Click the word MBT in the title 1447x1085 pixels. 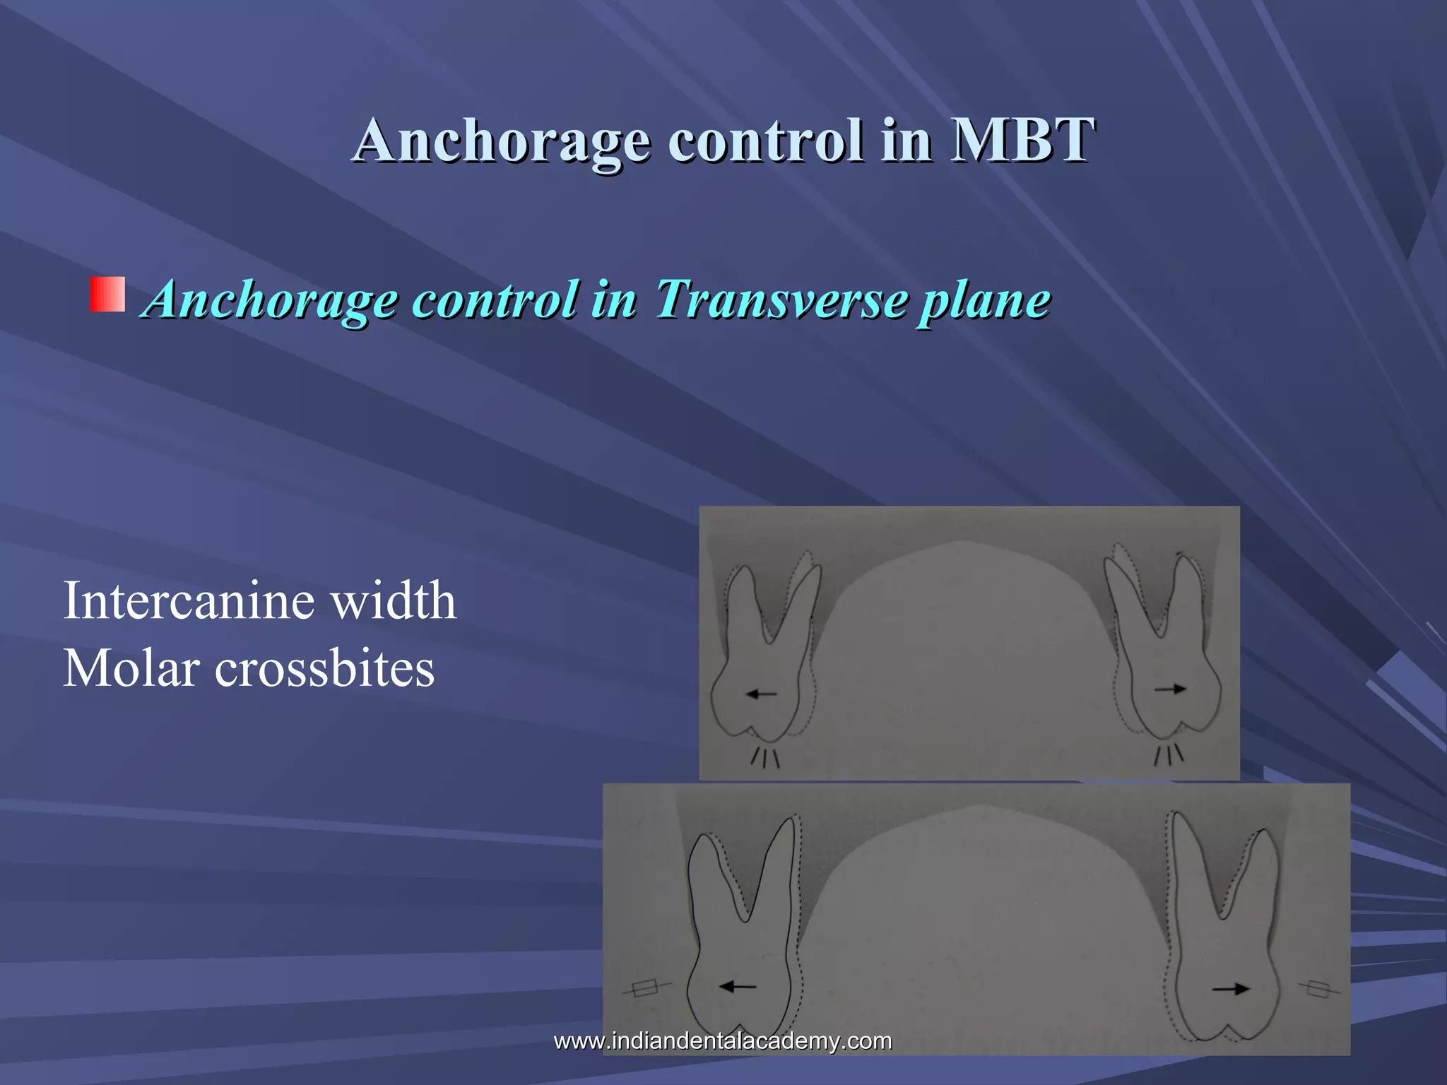tap(1022, 140)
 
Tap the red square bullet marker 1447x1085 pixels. tap(107, 295)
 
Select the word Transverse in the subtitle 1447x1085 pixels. tap(780, 300)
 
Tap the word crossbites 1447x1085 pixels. tap(324, 668)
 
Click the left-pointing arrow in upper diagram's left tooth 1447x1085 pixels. tap(761, 694)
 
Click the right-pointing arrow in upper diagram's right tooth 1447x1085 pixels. tap(1170, 689)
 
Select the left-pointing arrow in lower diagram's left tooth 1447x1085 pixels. tap(738, 986)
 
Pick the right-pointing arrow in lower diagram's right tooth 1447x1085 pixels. tap(1231, 989)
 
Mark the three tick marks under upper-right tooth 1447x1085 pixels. tap(1168, 755)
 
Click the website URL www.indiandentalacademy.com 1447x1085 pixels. tap(722, 1040)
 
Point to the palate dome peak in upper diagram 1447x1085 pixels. tap(959, 542)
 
